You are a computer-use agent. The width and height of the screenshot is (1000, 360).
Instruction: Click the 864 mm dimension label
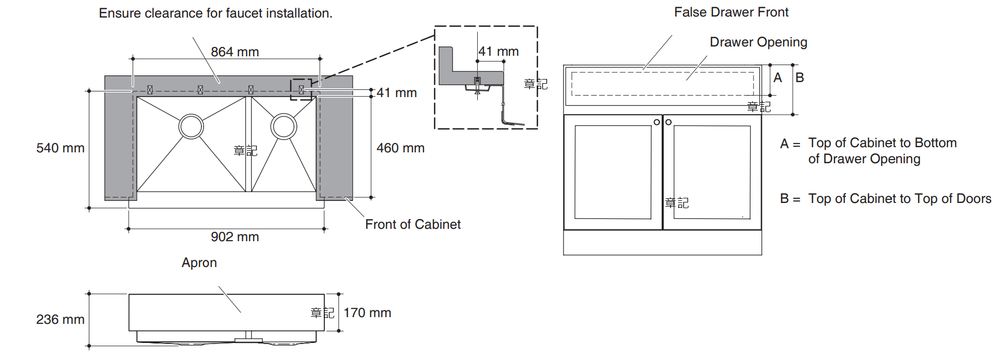[x=235, y=52]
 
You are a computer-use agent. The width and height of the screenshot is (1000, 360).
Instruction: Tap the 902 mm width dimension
[x=235, y=237]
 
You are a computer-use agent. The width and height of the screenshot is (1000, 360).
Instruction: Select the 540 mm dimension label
[x=60, y=148]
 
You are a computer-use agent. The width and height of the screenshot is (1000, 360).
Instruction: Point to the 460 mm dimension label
[x=400, y=148]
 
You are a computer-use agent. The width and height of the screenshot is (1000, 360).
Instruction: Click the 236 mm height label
[x=60, y=320]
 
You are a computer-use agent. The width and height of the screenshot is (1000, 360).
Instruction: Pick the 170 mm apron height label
[x=367, y=313]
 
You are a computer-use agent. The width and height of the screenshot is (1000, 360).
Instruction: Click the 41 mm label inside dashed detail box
[x=498, y=52]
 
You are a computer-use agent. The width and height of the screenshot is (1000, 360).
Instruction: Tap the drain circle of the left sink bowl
[x=191, y=127]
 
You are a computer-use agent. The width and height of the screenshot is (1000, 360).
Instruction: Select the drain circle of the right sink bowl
[x=284, y=127]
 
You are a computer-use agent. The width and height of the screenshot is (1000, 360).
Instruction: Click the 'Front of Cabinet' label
[x=413, y=225]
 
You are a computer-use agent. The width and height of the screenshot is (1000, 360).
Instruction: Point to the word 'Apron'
[x=199, y=263]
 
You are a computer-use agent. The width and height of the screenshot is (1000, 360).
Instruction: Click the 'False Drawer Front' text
[x=731, y=12]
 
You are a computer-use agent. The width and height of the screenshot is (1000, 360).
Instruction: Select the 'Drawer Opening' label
[x=758, y=42]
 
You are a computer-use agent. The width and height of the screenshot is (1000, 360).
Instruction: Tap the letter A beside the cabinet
[x=778, y=78]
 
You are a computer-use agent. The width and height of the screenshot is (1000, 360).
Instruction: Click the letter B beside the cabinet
[x=800, y=78]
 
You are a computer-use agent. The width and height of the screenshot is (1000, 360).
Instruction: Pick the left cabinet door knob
[x=657, y=122]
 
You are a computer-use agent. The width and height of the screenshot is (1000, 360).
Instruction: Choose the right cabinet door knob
[x=668, y=122]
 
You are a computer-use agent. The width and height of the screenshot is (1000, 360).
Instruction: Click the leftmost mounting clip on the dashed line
[x=150, y=90]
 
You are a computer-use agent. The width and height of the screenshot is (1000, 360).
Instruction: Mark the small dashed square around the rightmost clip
[x=301, y=89]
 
